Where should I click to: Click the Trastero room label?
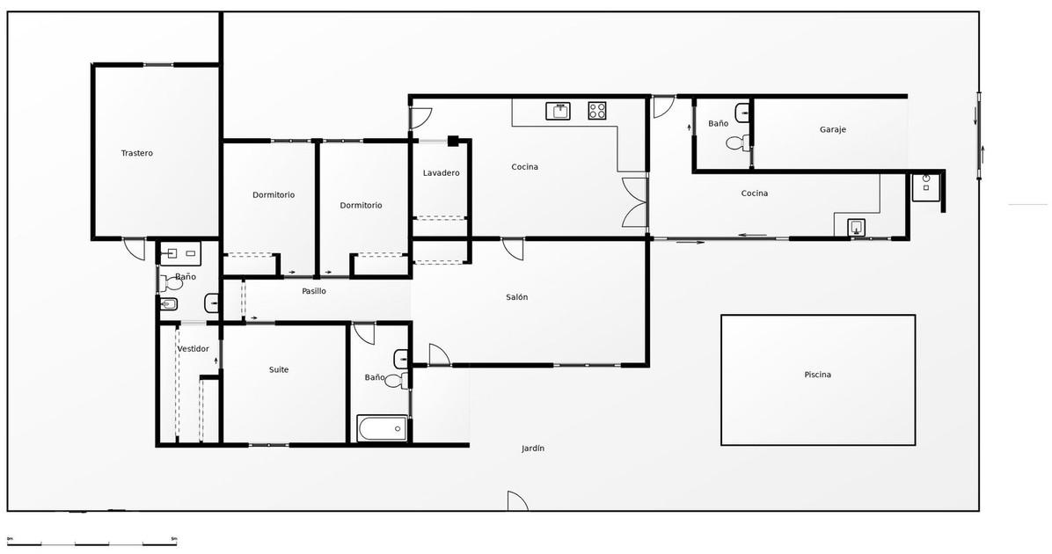pyautogui.click(x=137, y=153)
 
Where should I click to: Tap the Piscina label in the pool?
pyautogui.click(x=817, y=375)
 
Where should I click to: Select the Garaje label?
pyautogui.click(x=833, y=129)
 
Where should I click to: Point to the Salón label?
pyautogui.click(x=516, y=297)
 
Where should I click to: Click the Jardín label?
pyautogui.click(x=533, y=448)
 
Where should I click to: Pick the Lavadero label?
pyautogui.click(x=442, y=173)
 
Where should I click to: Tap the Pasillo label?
pyautogui.click(x=314, y=291)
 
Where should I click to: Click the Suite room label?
pyautogui.click(x=279, y=369)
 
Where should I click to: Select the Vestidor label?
pyautogui.click(x=194, y=349)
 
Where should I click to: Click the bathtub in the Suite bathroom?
pyautogui.click(x=382, y=428)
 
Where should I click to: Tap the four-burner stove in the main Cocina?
pyautogui.click(x=598, y=111)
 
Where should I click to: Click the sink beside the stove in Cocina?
pyautogui.click(x=559, y=111)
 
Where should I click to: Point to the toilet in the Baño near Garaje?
pyautogui.click(x=738, y=142)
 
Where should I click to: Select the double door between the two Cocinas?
pyautogui.click(x=634, y=202)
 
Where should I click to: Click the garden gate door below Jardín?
pyautogui.click(x=517, y=501)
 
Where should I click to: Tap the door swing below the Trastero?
pyautogui.click(x=135, y=250)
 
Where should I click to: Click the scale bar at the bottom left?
pyautogui.click(x=91, y=543)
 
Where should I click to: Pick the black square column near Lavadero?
pyautogui.click(x=453, y=141)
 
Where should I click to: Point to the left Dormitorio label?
pyautogui.click(x=274, y=195)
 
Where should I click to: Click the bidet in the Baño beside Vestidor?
pyautogui.click(x=168, y=305)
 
